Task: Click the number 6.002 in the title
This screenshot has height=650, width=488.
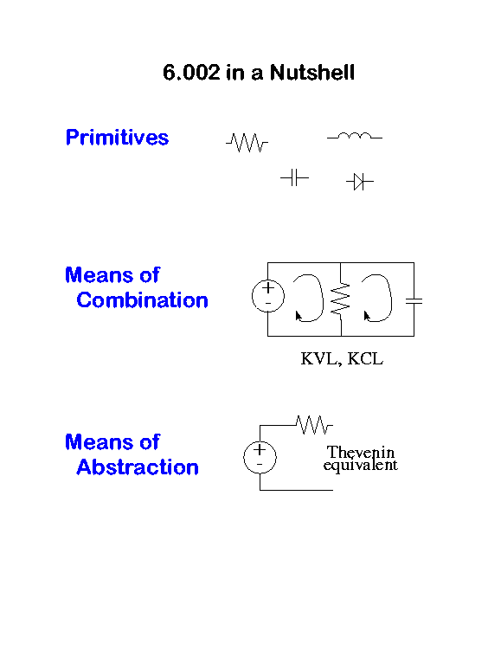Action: pos(191,73)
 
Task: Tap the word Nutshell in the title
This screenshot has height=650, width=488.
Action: pos(312,73)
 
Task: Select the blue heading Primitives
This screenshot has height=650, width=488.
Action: pos(117,138)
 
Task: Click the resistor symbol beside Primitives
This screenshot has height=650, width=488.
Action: pos(247,143)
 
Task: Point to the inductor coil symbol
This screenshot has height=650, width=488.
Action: pos(355,136)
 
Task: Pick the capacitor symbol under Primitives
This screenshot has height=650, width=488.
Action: pos(294,177)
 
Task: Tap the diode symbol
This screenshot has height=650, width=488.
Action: pos(360,182)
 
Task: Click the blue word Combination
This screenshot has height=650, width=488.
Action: pos(142,299)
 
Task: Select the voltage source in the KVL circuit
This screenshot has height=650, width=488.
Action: pos(268,296)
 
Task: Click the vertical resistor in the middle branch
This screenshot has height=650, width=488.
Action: pos(341,299)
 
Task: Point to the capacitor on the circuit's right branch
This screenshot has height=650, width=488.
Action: pos(414,301)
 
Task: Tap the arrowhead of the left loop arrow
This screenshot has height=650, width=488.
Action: pos(298,316)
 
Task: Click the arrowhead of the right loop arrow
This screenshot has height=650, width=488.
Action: pos(366,316)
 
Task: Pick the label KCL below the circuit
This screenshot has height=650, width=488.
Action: pos(365,359)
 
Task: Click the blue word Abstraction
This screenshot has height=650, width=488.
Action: pos(138,467)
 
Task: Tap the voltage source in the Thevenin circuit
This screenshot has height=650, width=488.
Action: pos(260,458)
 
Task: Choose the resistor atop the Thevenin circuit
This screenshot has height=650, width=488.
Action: pos(314,425)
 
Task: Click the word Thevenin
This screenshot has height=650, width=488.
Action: pos(361,452)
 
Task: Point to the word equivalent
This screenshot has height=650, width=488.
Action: pos(361,465)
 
